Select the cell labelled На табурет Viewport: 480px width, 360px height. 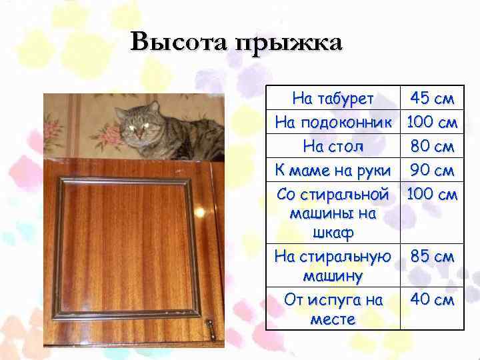tap(333, 99)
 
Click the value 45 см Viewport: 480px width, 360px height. tap(433, 99)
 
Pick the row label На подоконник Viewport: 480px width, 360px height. tap(333, 123)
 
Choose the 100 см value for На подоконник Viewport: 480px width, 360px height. tap(433, 123)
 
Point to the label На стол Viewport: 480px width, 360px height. tap(333, 145)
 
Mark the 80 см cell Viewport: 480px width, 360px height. tap(433, 145)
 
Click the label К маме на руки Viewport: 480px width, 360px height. tap(333, 169)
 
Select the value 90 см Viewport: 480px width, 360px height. tap(433, 169)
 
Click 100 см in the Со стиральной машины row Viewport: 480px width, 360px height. tap(433, 194)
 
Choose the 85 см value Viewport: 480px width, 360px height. tap(433, 256)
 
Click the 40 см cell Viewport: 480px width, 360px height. tap(433, 300)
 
